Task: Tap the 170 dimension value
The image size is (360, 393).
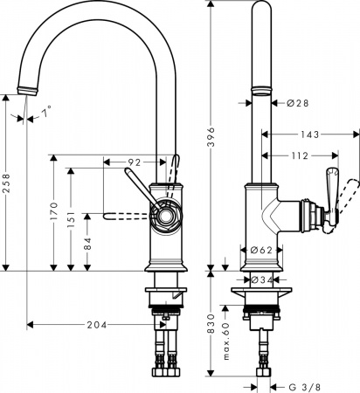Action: (x=54, y=212)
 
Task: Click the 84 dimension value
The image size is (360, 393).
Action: (x=87, y=245)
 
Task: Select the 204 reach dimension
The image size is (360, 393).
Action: (x=96, y=325)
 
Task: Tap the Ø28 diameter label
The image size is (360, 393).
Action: (x=299, y=103)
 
